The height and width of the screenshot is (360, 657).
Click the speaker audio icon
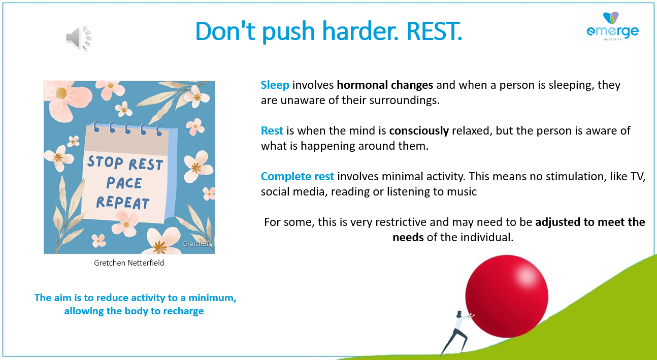(x=79, y=38)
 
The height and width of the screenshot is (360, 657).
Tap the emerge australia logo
(x=612, y=26)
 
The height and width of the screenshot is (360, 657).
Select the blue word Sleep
(x=275, y=85)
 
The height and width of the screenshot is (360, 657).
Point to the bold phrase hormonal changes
(x=385, y=85)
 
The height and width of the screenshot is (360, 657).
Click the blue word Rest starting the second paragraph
(x=272, y=130)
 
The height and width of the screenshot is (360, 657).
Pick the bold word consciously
(x=419, y=131)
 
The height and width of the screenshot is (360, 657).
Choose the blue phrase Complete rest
(x=298, y=177)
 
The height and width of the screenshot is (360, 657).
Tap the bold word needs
(x=408, y=237)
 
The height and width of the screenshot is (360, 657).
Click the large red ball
(x=507, y=297)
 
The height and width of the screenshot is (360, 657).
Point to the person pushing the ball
(x=457, y=333)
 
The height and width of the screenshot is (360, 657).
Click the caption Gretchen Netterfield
(x=129, y=263)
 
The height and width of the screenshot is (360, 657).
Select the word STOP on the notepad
(x=105, y=162)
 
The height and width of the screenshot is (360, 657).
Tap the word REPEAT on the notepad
(x=122, y=203)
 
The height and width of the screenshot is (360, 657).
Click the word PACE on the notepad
(x=124, y=183)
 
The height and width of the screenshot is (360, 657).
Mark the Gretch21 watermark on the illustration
(x=196, y=244)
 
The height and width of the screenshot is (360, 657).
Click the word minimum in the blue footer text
(x=212, y=298)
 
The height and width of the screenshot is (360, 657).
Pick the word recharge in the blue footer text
(x=183, y=311)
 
